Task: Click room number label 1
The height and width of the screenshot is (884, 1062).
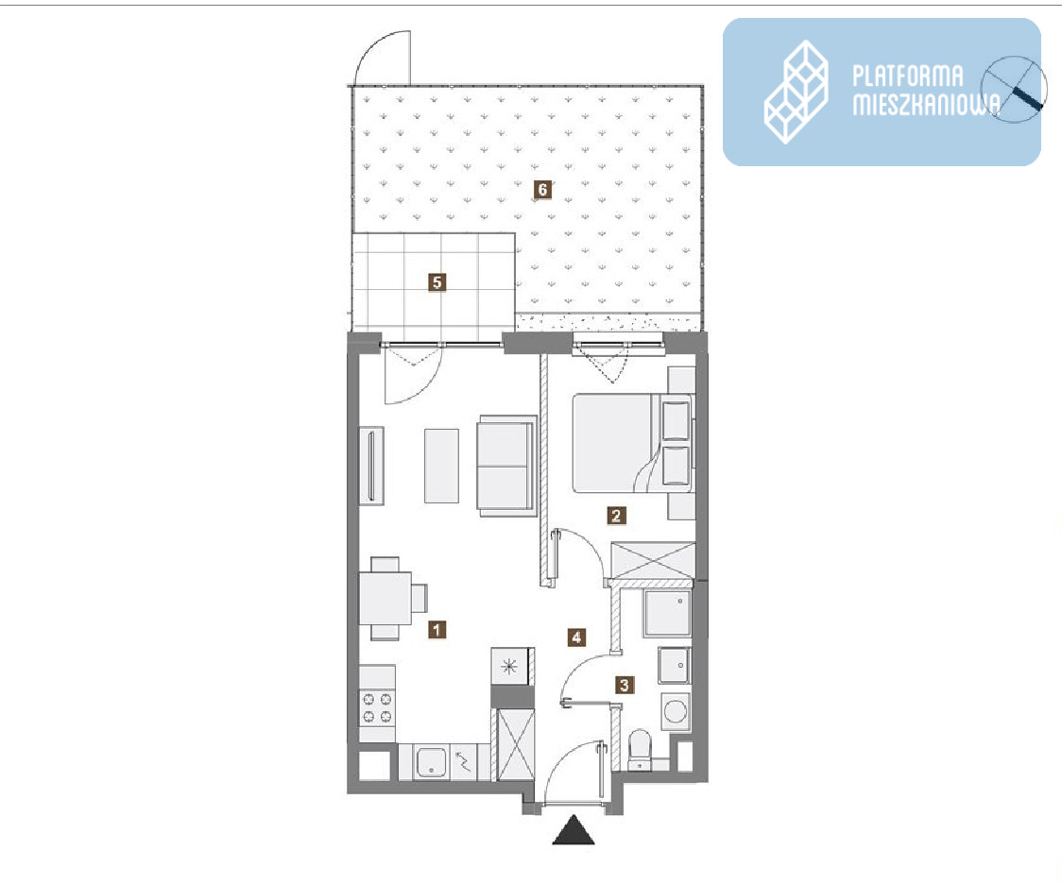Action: [x=437, y=630]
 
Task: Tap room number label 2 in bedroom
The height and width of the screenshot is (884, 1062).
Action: [x=616, y=516]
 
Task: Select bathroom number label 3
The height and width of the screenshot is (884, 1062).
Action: [x=624, y=685]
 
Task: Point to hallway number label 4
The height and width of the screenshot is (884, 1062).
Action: [x=576, y=637]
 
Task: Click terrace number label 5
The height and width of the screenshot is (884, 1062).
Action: [x=437, y=281]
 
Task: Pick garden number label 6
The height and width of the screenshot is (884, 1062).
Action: [x=541, y=190]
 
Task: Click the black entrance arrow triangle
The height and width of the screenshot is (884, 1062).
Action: [x=574, y=830]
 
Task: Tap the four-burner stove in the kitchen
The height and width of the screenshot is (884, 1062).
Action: [x=377, y=707]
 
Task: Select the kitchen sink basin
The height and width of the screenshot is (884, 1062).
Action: [x=430, y=762]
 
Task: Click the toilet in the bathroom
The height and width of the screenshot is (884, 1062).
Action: [x=640, y=751]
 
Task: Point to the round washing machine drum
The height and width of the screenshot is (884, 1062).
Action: [x=676, y=711]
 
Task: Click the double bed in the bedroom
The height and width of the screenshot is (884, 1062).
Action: [x=633, y=443]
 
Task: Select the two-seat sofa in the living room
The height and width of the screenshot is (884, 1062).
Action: [x=506, y=465]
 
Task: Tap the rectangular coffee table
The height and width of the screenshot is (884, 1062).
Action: [x=441, y=466]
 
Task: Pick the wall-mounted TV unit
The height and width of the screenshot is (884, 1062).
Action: [x=371, y=466]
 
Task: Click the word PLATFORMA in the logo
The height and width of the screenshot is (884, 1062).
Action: [x=908, y=76]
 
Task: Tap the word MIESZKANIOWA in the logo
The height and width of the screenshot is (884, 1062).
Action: [x=926, y=104]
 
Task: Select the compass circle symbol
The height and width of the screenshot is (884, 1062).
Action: [x=1014, y=90]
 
